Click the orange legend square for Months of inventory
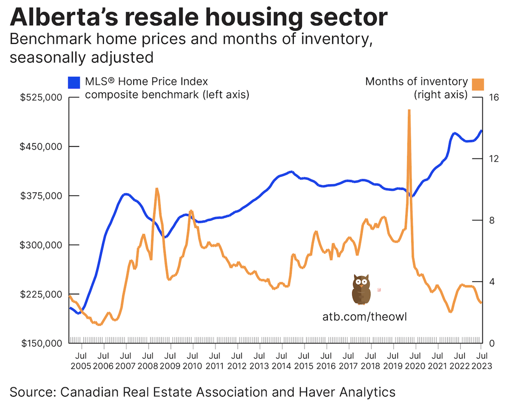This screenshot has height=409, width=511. tap(478, 84)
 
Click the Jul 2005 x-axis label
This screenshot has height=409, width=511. tap(80, 361)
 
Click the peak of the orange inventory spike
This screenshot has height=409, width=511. tap(409, 110)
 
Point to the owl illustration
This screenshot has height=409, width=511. tap(361, 289)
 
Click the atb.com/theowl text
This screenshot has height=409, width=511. tap(364, 316)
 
